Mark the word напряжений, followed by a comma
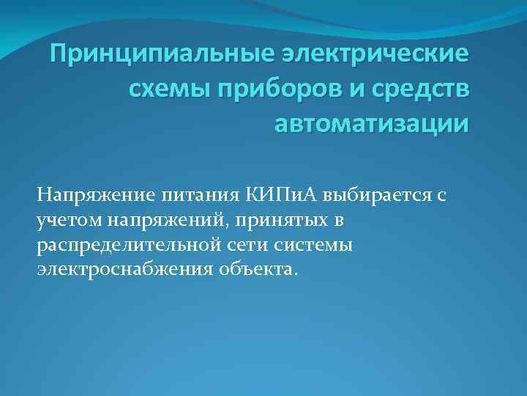pos(165,220)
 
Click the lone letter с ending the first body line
pos(441,197)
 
